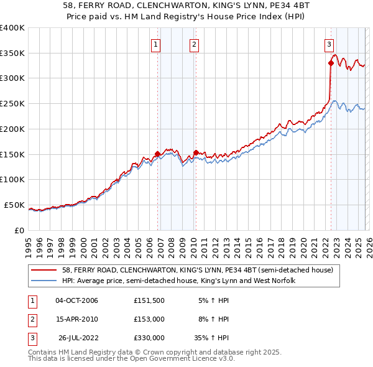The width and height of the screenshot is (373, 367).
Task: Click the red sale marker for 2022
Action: (x=331, y=62)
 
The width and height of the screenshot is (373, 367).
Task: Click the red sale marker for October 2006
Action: (x=157, y=153)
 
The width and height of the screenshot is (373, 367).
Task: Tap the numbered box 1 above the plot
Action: (x=155, y=44)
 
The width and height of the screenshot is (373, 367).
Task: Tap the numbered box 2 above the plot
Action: (x=194, y=44)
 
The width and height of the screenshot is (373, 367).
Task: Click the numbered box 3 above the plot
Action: (x=328, y=44)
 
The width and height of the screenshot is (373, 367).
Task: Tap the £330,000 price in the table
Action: (x=149, y=338)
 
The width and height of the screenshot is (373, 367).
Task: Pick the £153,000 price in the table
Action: (x=149, y=319)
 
